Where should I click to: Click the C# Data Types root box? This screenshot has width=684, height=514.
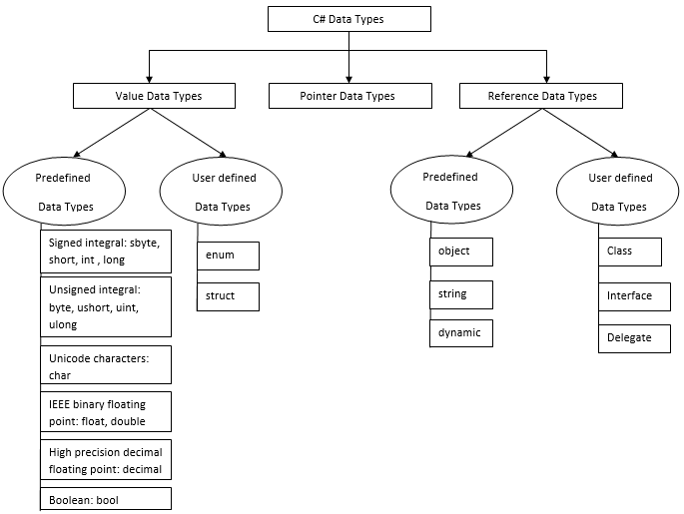[x=349, y=19]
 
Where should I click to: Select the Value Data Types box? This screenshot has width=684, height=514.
[x=154, y=96]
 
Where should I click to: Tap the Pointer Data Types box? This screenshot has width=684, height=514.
[x=349, y=96]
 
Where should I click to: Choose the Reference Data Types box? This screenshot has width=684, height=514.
[x=541, y=96]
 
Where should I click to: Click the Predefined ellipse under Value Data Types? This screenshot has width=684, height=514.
[x=64, y=192]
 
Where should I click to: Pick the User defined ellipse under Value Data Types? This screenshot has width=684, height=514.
[x=222, y=192]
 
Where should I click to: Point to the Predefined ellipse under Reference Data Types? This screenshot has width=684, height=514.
[x=451, y=192]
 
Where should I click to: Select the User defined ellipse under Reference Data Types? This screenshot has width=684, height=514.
[x=619, y=192]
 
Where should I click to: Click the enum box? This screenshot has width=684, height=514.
[x=228, y=256]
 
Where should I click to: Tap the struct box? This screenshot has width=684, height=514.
[x=228, y=296]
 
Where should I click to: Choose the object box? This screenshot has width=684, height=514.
[x=462, y=252]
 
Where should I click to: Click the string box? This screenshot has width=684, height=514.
[x=462, y=294]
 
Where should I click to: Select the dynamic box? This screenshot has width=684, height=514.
[x=462, y=333]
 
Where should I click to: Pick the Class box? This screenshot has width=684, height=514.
[x=629, y=252]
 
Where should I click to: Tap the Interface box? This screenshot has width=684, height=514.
[x=629, y=296]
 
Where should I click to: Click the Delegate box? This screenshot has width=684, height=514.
[x=629, y=338]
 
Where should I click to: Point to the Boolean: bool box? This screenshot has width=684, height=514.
[x=106, y=499]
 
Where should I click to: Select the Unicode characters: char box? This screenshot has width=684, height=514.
[x=106, y=364]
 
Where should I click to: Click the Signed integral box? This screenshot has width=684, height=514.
[x=106, y=252]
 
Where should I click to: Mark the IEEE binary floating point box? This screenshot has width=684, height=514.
[x=106, y=411]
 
